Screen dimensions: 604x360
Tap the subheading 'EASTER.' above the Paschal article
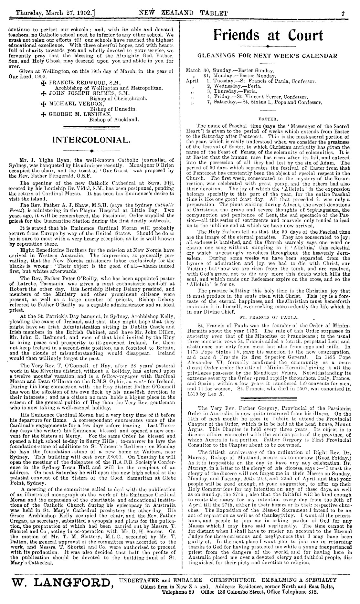(267, 119)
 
